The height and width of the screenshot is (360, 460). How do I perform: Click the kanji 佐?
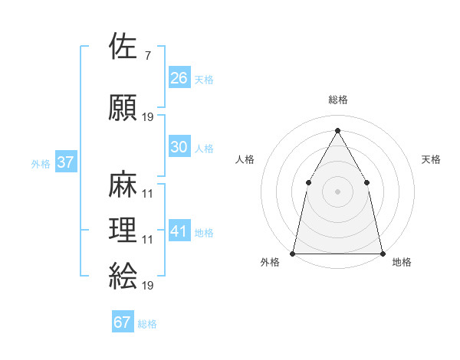tap(123, 47)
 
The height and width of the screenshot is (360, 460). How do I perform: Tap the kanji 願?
tap(123, 107)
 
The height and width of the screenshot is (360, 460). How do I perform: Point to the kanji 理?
tap(123, 231)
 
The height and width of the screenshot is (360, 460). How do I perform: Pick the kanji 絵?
tap(123, 275)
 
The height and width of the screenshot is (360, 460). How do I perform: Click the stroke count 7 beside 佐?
tap(146, 56)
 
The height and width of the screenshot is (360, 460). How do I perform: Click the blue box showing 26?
tap(179, 78)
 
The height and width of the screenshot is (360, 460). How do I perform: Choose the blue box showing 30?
tap(179, 147)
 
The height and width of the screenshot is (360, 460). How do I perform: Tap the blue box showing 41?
tap(179, 231)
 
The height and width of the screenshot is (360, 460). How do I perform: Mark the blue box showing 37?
tap(65, 162)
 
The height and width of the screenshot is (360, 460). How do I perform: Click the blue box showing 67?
tap(123, 322)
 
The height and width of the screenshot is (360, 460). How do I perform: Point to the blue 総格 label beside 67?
tap(147, 324)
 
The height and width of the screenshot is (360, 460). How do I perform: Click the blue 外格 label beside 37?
tap(41, 164)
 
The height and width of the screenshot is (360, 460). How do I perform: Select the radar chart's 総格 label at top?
tap(337, 100)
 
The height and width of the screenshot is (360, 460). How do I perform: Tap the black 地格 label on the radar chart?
tap(402, 263)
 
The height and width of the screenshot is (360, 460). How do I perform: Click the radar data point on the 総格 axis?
tap(337, 130)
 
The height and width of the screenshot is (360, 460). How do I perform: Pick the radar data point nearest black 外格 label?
tap(294, 253)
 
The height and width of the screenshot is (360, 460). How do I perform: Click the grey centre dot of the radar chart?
tap(337, 191)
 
